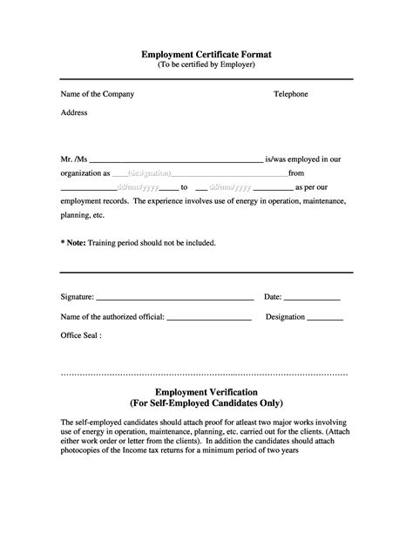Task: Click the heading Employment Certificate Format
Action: [x=206, y=54]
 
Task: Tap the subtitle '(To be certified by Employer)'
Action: [x=206, y=65]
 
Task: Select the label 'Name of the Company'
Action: [x=97, y=93]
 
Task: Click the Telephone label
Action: [x=291, y=93]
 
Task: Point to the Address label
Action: [x=74, y=113]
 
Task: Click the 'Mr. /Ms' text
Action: [x=74, y=159]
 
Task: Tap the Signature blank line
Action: [x=174, y=300]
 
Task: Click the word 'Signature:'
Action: [x=78, y=297]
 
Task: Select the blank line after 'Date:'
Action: [x=314, y=300]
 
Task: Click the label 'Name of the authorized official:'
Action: [x=112, y=316]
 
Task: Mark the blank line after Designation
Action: [x=326, y=319]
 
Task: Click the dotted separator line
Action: [x=206, y=373]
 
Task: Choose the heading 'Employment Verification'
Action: [x=206, y=393]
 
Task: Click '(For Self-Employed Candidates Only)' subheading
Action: [x=206, y=404]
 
